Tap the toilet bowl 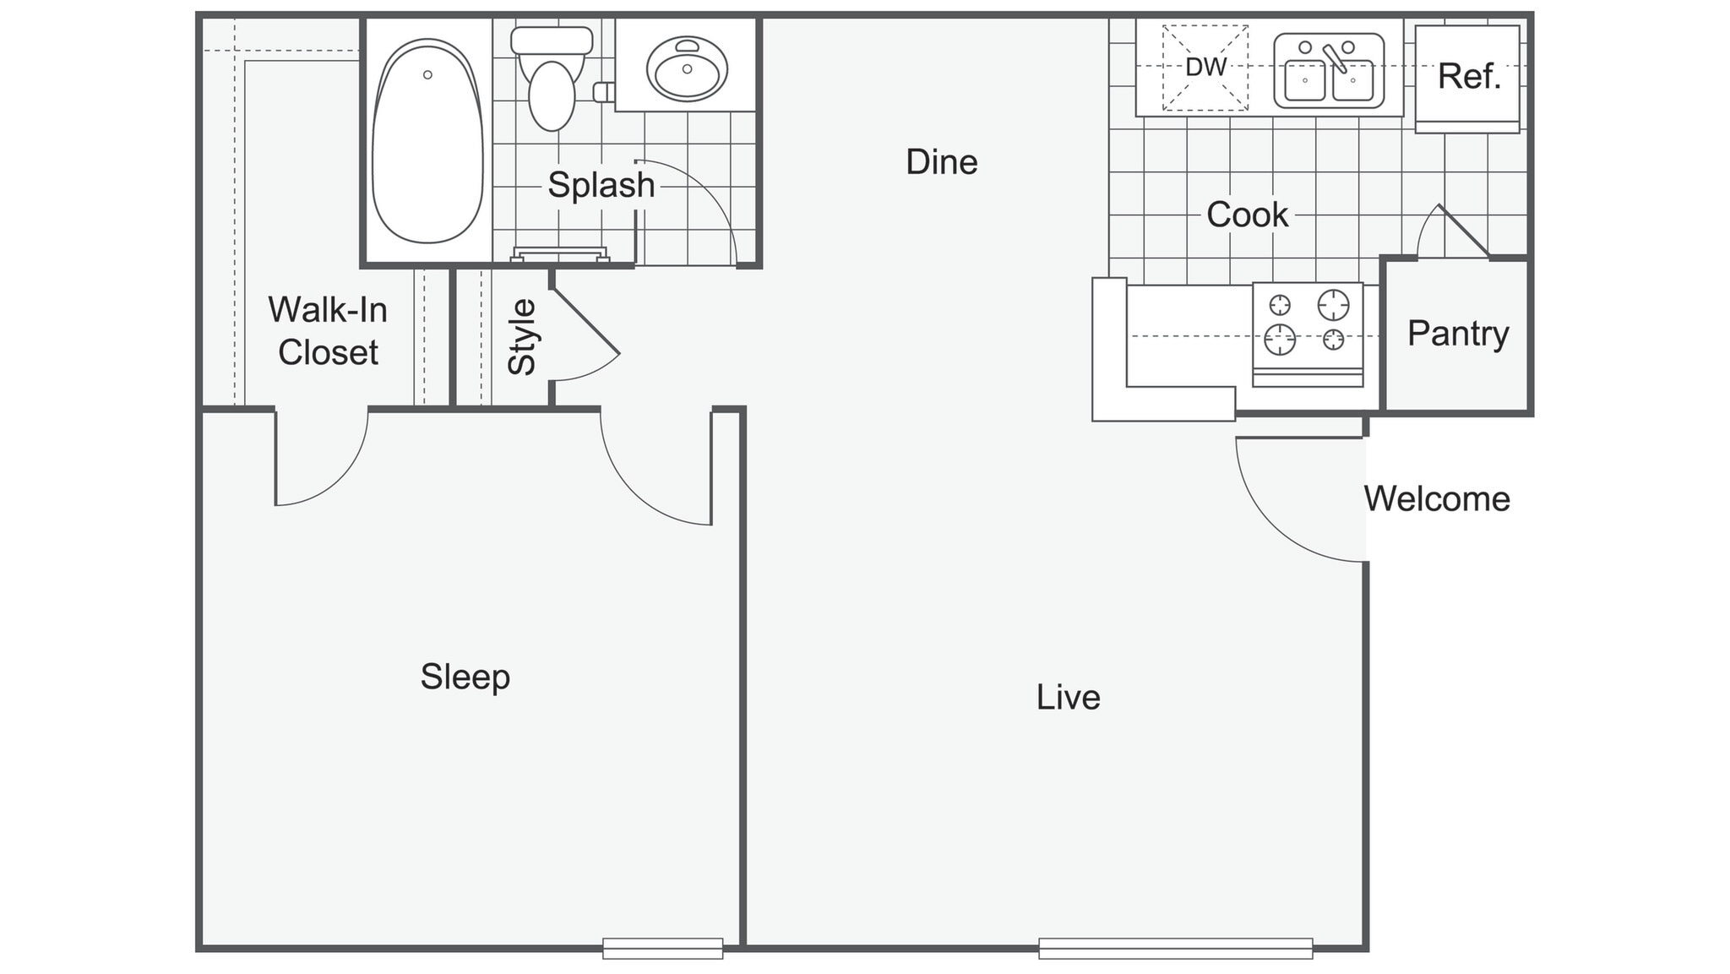point(552,95)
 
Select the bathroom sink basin point(687,69)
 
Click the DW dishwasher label point(1205,68)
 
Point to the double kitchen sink point(1329,72)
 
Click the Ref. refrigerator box point(1468,78)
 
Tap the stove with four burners point(1307,332)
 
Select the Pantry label point(1458,334)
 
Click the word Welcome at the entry point(1437,499)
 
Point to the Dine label point(941,162)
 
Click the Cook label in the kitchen point(1247,215)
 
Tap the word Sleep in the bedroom point(465,677)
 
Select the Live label point(1068,698)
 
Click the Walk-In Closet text point(328,331)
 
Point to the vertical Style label point(522,337)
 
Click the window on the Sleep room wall point(662,948)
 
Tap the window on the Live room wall point(1175,948)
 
